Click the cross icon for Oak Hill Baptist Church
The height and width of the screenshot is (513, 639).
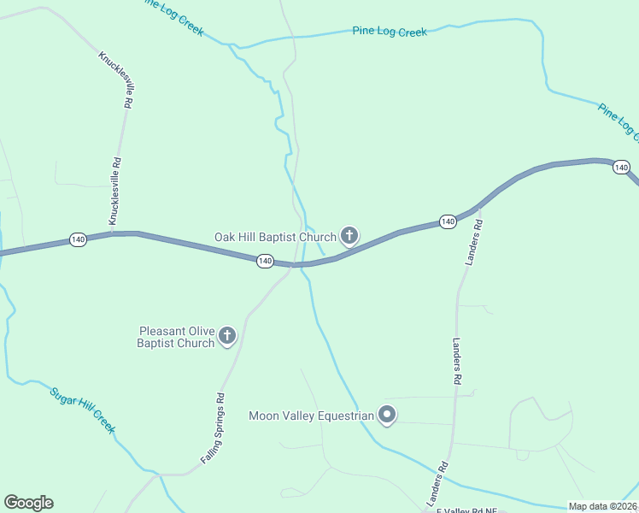tap(349, 235)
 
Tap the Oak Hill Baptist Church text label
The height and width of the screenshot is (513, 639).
tap(275, 236)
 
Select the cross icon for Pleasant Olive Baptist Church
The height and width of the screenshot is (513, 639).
tap(227, 336)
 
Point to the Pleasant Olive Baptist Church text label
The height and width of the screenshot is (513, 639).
tap(177, 337)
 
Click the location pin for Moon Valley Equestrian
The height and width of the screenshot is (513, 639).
tap(386, 416)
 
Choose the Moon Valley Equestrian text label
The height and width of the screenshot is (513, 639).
tap(311, 416)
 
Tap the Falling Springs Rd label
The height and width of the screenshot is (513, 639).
tap(213, 427)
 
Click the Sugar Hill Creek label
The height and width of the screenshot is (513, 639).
tap(82, 410)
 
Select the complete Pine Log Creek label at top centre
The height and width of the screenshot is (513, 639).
tap(390, 32)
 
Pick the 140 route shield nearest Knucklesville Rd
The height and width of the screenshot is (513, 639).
tap(78, 239)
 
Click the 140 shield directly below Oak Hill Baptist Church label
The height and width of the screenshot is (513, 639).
tap(265, 261)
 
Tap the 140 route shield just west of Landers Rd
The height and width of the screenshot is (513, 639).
tap(448, 221)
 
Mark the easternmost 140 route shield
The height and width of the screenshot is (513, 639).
tap(621, 167)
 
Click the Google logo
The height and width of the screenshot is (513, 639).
tap(28, 503)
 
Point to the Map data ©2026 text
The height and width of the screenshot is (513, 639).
tap(602, 506)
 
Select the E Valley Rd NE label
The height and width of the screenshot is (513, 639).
tap(466, 510)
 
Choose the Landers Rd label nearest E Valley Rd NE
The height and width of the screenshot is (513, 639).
tap(437, 483)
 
